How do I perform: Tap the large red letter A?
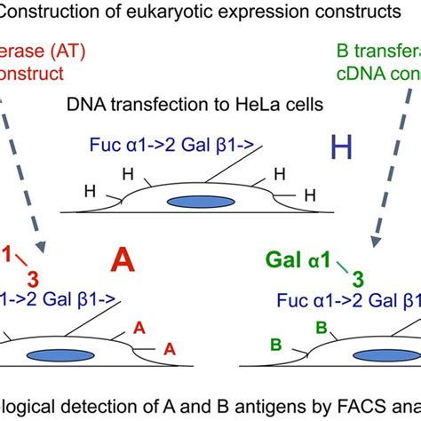(125, 262)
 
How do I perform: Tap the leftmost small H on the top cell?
(89, 189)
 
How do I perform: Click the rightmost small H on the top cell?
(309, 193)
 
